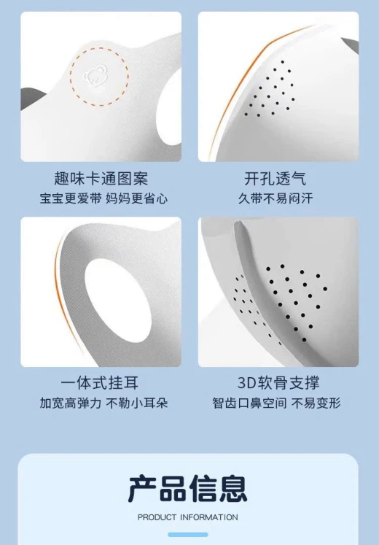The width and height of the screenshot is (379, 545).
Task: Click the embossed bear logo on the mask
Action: pos(93,77)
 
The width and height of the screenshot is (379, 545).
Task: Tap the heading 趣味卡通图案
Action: pos(101,178)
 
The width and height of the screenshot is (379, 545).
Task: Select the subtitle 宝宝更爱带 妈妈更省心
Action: pos(103,198)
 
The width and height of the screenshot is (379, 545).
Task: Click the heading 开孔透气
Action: pos(276,178)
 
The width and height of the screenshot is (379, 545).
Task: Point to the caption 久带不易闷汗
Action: pos(276,198)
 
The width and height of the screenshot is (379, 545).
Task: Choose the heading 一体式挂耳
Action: pos(100,383)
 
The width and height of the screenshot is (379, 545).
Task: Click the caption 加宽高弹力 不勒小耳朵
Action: pos(103,403)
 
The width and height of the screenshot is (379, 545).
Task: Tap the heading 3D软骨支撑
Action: pos(278,383)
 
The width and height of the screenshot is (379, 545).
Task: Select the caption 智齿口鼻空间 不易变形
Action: pos(276,403)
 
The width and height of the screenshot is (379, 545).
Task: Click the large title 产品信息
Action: pos(188,489)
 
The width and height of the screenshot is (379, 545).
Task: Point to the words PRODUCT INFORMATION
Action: pos(188,517)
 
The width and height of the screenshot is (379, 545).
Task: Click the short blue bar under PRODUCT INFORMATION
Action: pos(188,534)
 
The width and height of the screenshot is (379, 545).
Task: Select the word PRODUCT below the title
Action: pos(157,517)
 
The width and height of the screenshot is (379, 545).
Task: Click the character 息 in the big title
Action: pos(233,489)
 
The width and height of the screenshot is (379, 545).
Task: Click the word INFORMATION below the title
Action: pos(209,517)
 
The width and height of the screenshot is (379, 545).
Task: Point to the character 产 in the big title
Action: pos(142,489)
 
